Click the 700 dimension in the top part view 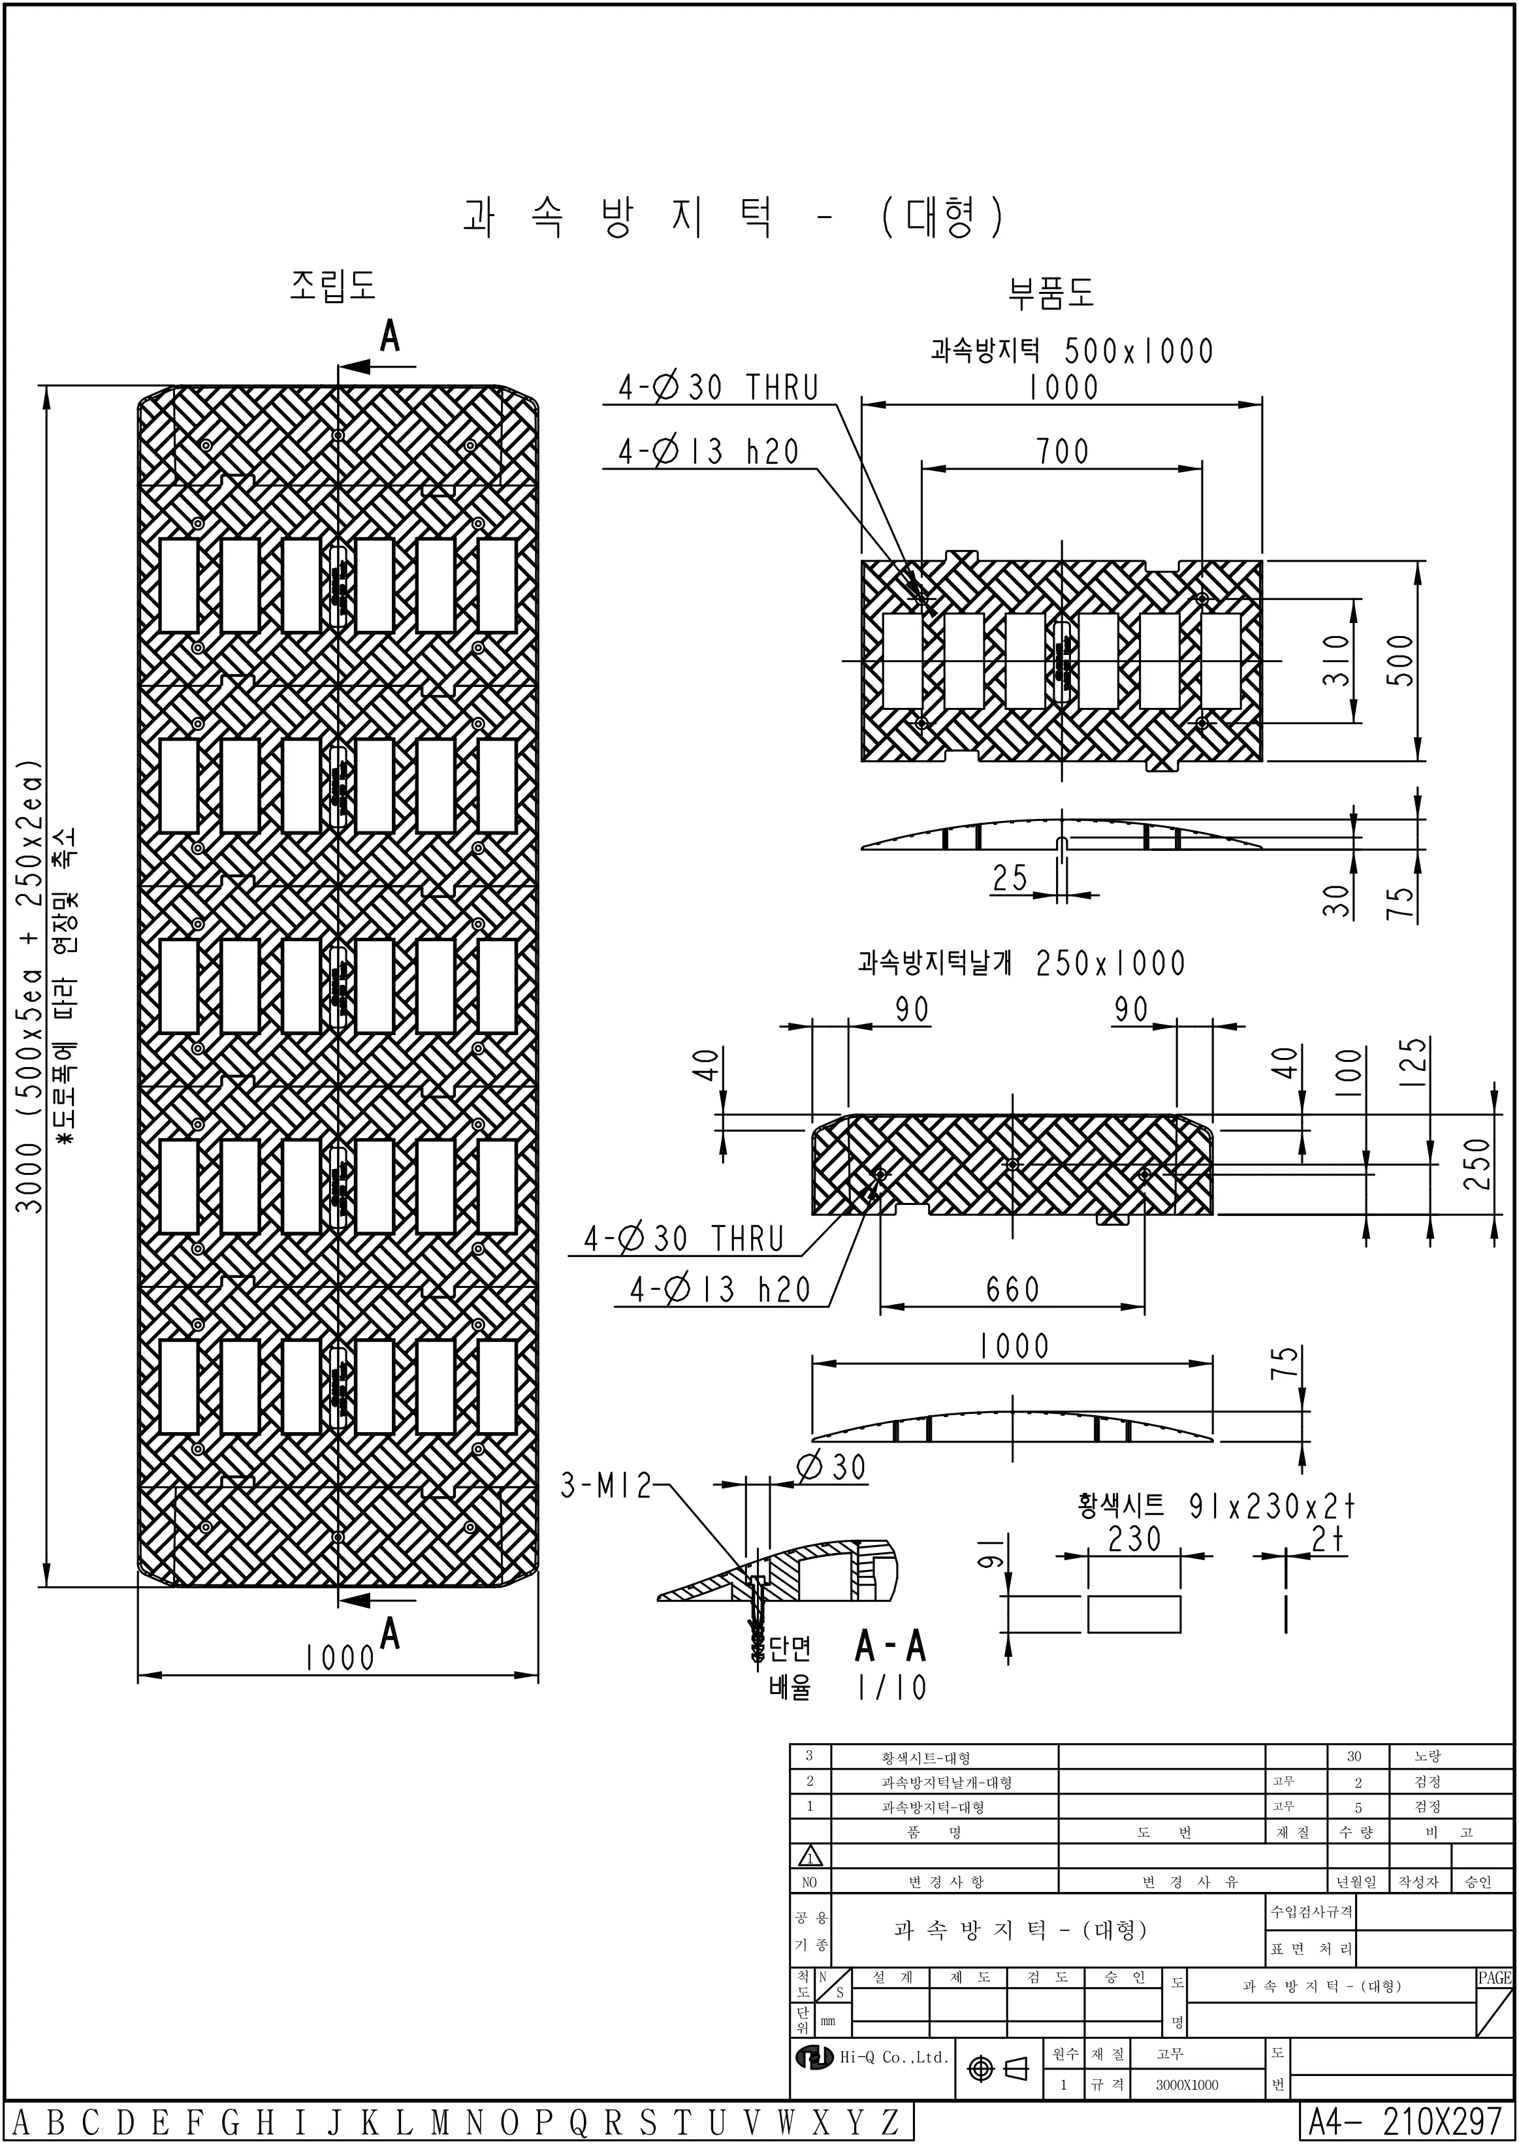(x=1063, y=452)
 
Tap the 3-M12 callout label (x=605, y=1486)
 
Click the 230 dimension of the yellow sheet (x=1134, y=1539)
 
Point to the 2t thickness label (x=1327, y=1539)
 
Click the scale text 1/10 (x=891, y=1688)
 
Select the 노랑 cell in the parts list (x=1428, y=1757)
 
